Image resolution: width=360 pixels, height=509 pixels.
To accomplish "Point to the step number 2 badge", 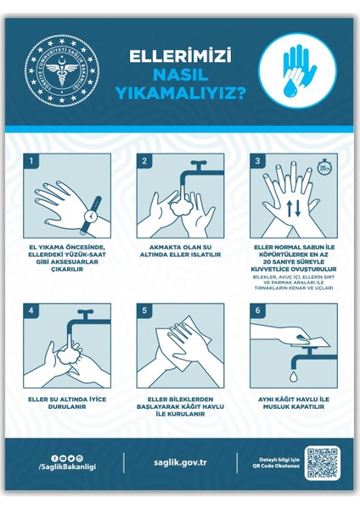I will [x=144, y=160].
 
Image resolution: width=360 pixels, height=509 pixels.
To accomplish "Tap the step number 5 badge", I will [x=144, y=309].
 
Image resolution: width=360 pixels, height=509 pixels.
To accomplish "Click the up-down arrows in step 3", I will [x=290, y=209].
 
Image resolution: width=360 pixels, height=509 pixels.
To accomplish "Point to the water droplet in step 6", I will [x=290, y=374].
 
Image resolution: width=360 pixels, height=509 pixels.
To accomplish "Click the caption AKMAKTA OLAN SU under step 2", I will [x=179, y=247].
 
